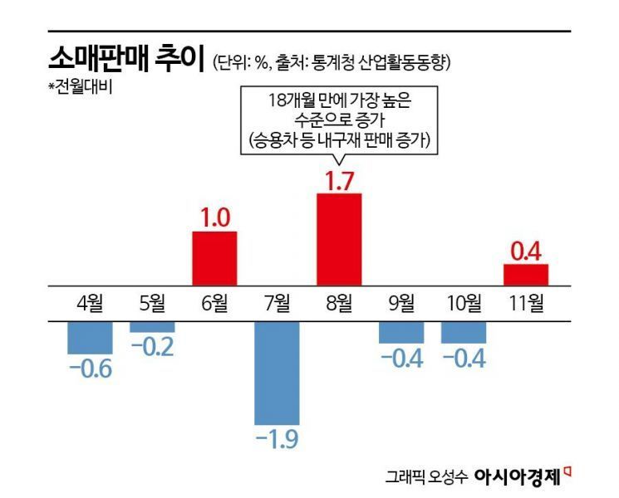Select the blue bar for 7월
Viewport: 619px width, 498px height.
point(276,373)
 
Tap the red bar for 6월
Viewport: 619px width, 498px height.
point(214,258)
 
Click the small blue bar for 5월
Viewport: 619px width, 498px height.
point(151,326)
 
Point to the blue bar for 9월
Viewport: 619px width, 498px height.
point(401,331)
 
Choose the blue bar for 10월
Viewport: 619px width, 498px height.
point(464,331)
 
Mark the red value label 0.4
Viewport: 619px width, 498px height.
point(526,249)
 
